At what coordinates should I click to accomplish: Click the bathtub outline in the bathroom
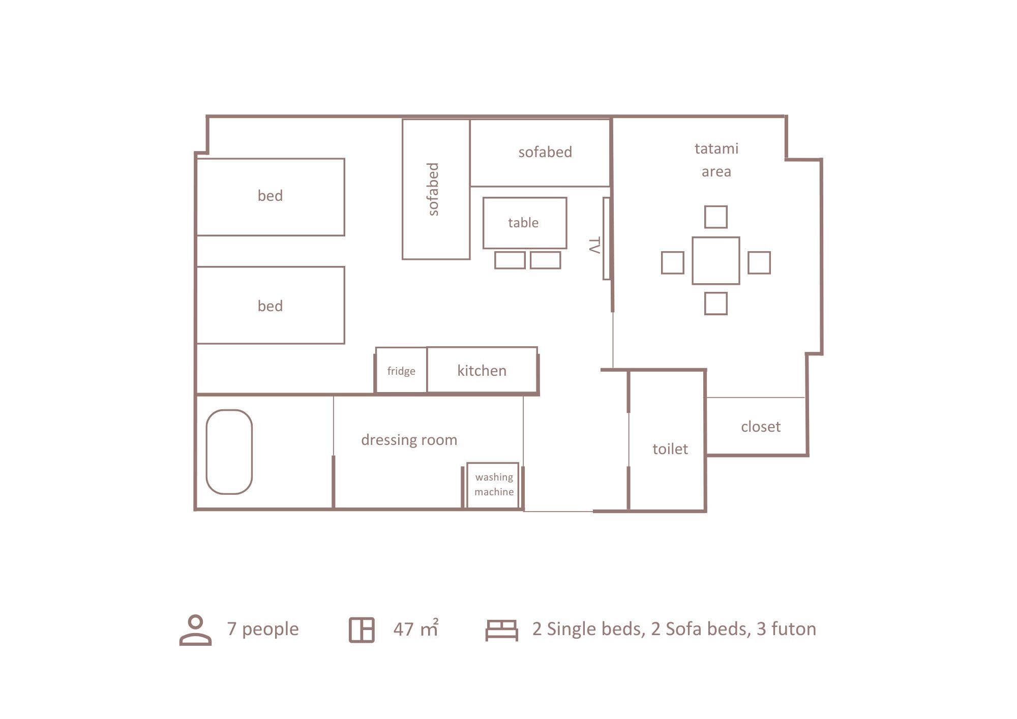229,452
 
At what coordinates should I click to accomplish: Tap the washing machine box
493,485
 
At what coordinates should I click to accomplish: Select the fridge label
401,371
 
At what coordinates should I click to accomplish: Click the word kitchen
482,371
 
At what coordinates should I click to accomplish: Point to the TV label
594,246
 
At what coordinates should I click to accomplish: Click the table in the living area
524,223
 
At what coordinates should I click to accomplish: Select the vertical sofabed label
433,189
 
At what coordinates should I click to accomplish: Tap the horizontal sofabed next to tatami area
545,152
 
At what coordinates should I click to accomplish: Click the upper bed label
270,196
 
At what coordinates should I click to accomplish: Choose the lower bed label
270,306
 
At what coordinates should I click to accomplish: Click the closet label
760,427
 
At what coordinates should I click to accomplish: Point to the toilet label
670,449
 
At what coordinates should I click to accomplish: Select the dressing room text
409,440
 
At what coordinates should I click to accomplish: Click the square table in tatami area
715,260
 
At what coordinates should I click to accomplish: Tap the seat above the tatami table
715,217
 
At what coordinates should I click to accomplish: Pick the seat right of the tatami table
759,263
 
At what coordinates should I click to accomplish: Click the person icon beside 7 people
196,630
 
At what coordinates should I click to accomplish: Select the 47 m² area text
415,629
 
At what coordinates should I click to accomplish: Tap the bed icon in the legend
501,630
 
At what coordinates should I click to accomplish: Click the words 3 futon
786,629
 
